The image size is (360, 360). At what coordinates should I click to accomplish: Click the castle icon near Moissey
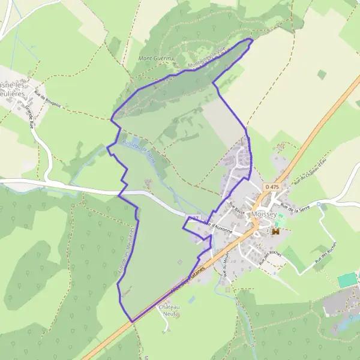point(277,231)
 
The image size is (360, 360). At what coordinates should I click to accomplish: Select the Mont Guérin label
point(155,58)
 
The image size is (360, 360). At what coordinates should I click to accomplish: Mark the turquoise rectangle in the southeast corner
point(346,280)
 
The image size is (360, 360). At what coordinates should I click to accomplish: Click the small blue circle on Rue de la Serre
point(319,205)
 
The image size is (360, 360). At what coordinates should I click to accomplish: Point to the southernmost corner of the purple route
point(132,322)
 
